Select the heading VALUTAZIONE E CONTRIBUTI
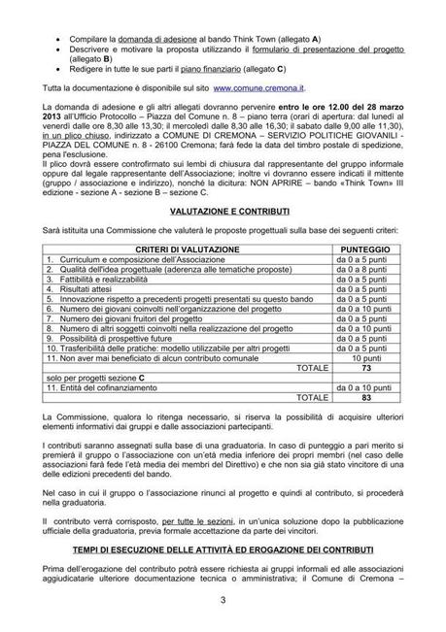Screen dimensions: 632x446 pyautogui.click(x=223, y=208)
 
